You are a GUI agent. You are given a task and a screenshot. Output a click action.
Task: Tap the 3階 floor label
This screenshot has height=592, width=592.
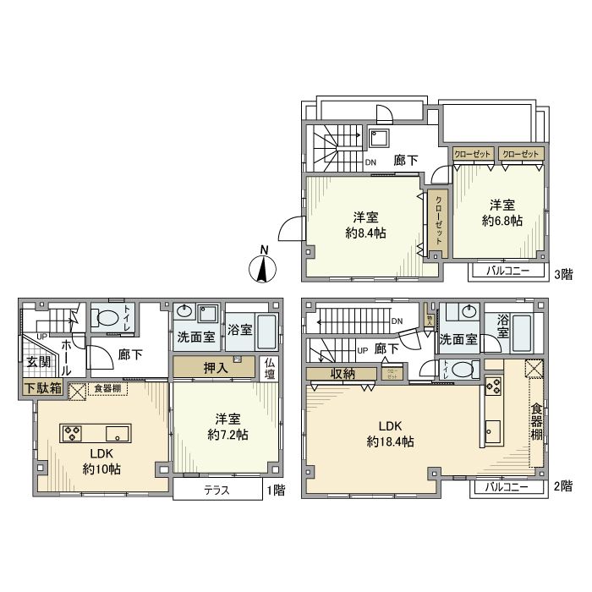pyautogui.click(x=562, y=273)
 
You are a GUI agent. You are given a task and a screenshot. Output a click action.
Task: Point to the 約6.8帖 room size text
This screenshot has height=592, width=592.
pyautogui.click(x=502, y=220)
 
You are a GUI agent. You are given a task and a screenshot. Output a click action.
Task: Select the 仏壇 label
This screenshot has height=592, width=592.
pyautogui.click(x=270, y=369)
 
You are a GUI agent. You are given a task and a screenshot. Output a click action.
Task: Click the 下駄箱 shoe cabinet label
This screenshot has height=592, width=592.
pyautogui.click(x=41, y=388)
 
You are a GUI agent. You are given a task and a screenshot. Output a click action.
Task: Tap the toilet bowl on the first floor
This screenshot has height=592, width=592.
pyautogui.click(x=108, y=319)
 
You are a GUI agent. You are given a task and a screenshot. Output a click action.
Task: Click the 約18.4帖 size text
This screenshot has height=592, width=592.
pyautogui.click(x=390, y=441)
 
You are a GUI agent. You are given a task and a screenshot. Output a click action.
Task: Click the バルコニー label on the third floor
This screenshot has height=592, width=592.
pyautogui.click(x=507, y=271)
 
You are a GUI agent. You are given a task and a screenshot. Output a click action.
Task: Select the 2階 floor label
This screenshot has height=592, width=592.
pyautogui.click(x=562, y=488)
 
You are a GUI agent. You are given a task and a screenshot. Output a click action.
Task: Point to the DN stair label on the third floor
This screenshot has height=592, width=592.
pyautogui.click(x=370, y=163)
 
